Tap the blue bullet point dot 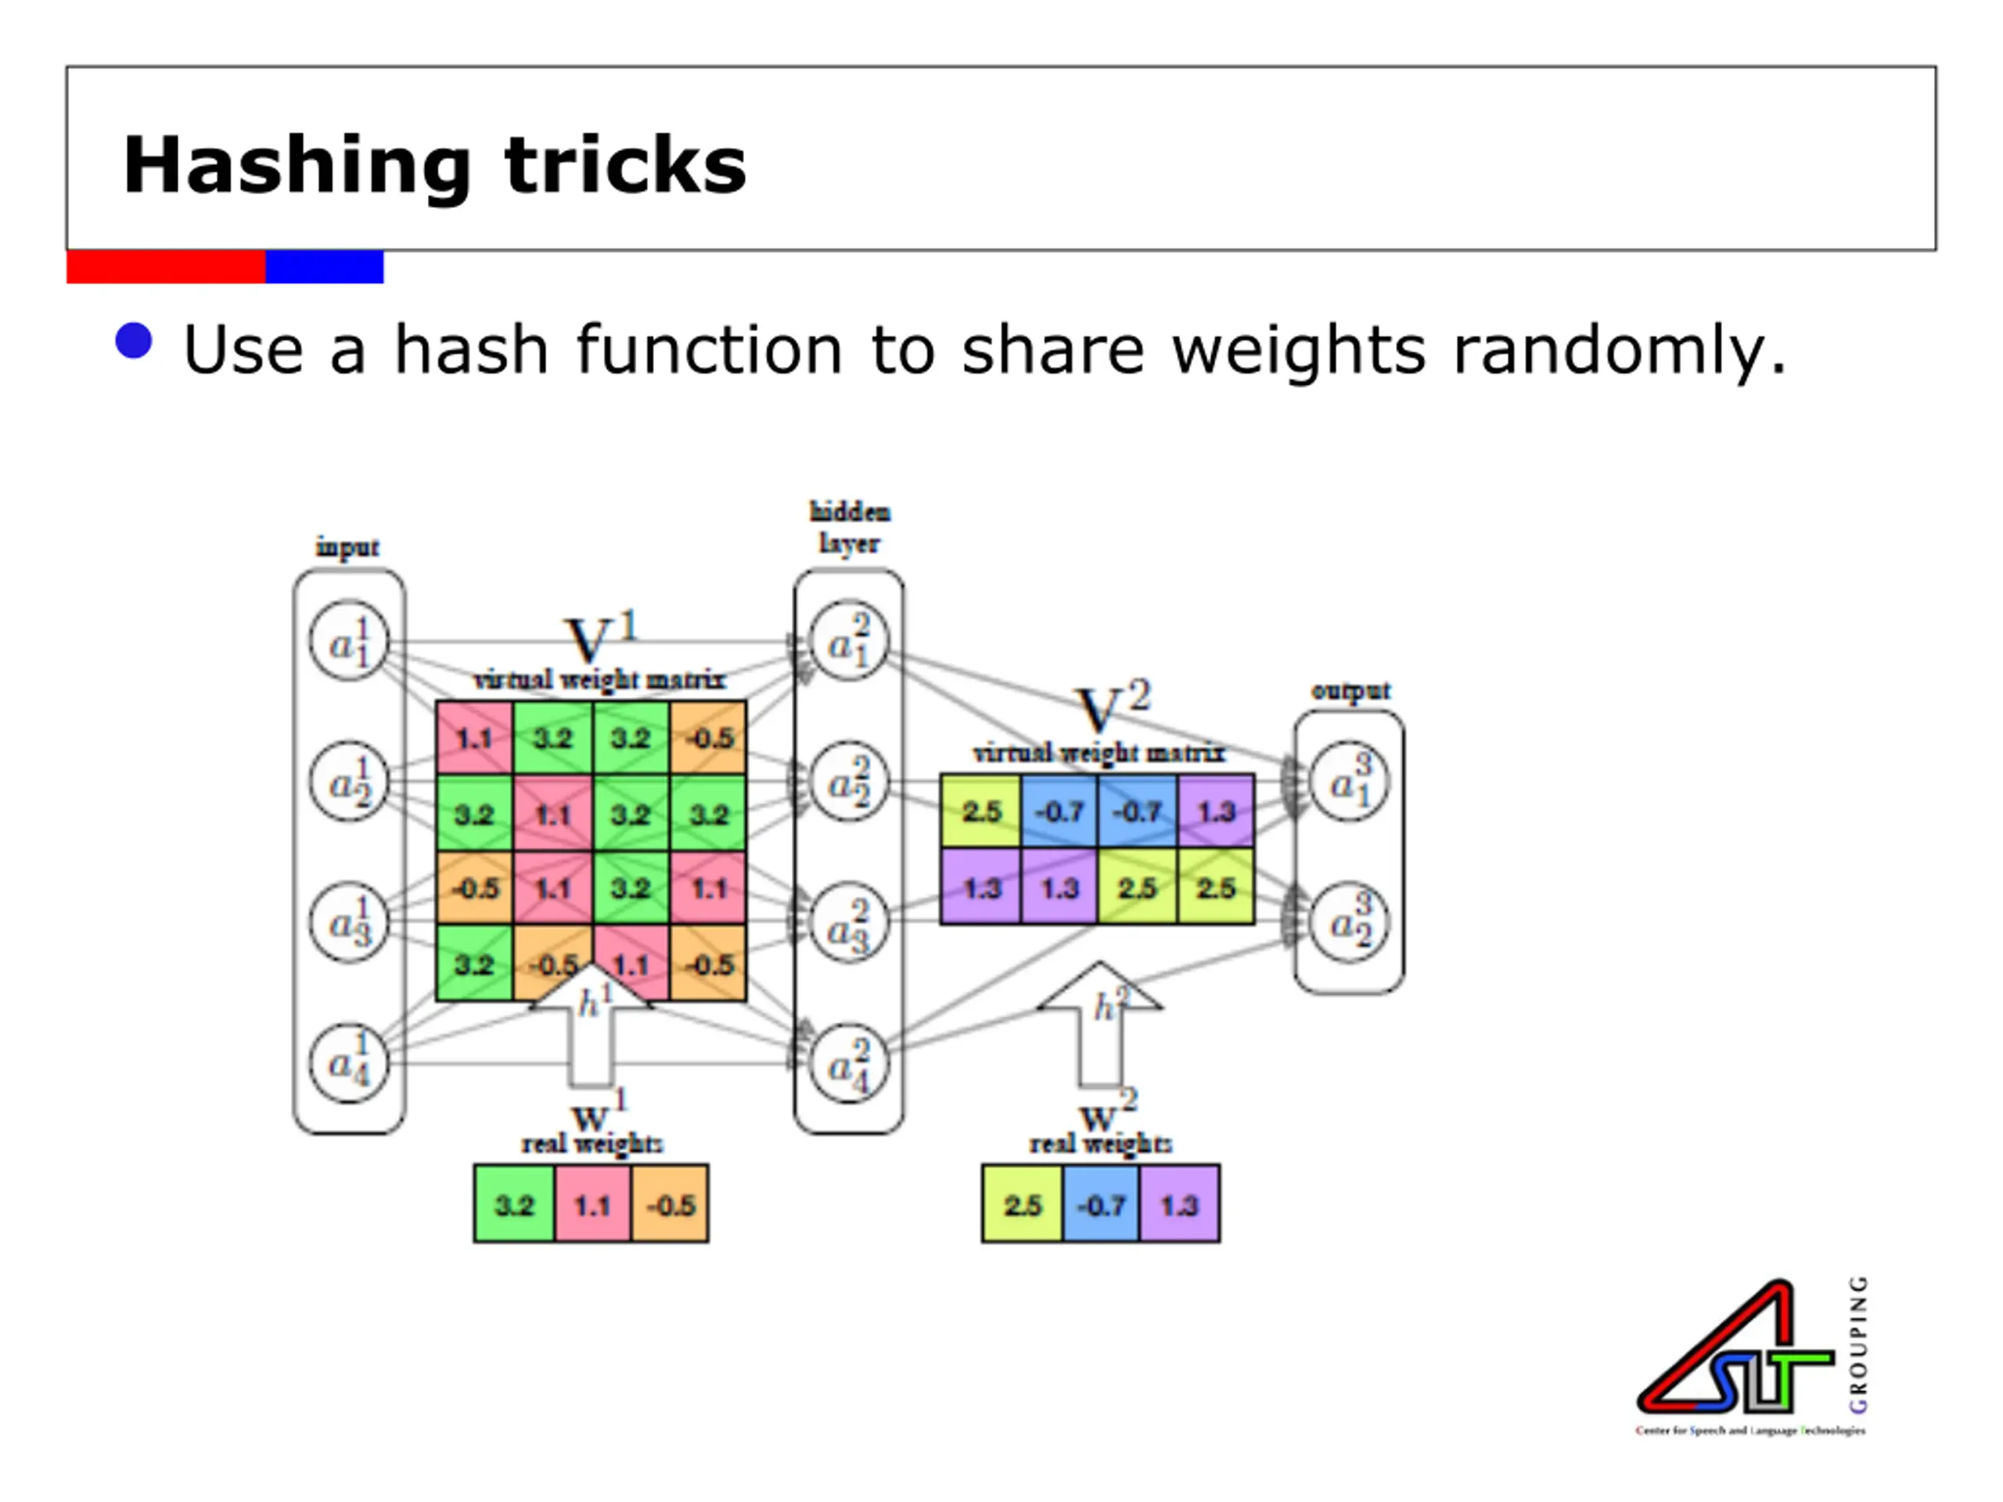point(134,341)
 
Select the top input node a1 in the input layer point(350,641)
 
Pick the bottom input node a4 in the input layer point(350,1063)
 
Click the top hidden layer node point(848,641)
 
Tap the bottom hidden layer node point(848,1063)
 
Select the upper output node point(1349,781)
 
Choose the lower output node point(1349,922)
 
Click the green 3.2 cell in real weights point(513,1204)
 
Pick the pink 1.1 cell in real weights point(592,1204)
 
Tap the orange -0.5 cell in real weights point(670,1204)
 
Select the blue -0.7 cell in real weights point(1100,1204)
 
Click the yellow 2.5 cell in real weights point(1021,1204)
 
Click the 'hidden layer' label point(848,527)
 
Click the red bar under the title point(166,267)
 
